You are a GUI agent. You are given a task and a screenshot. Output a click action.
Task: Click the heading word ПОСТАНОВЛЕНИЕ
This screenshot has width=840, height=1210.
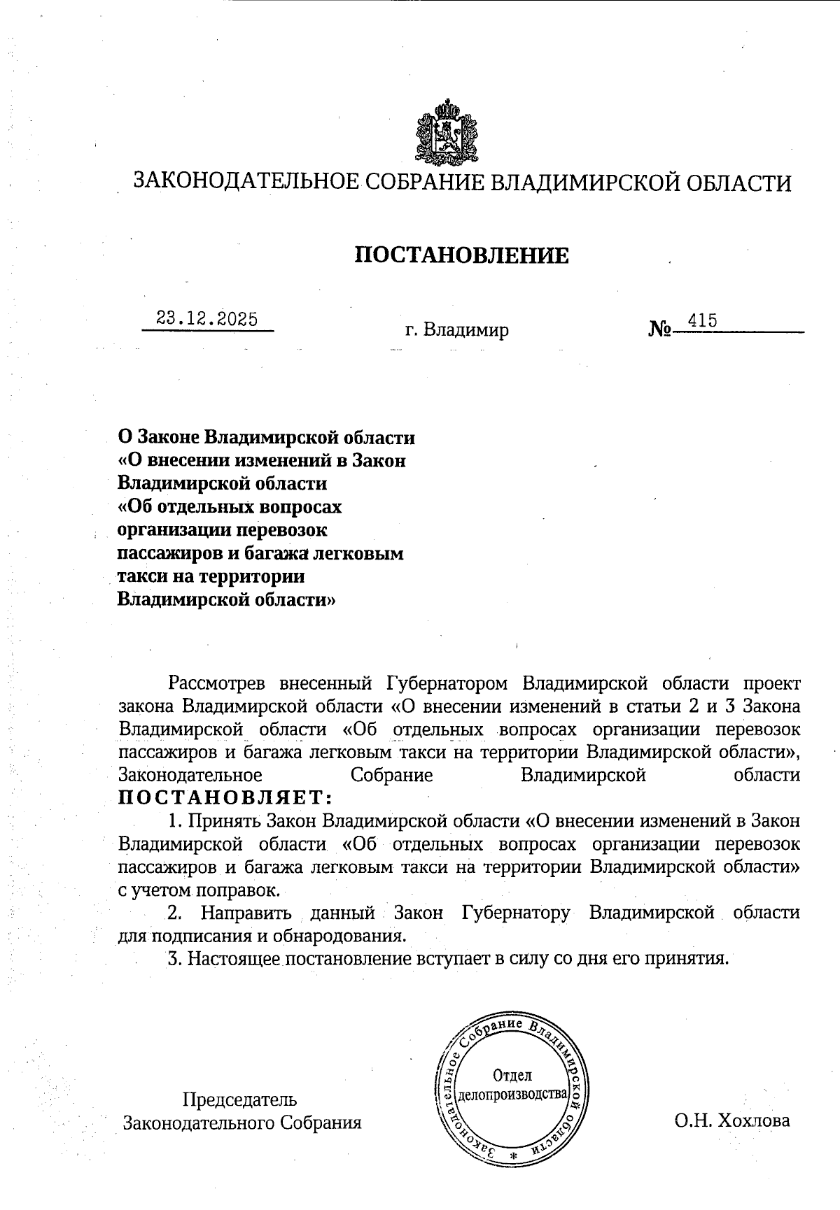tap(461, 255)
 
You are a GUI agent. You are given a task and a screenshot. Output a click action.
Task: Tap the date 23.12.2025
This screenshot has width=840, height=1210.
tap(207, 319)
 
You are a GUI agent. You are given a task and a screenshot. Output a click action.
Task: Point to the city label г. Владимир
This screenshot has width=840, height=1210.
tap(456, 329)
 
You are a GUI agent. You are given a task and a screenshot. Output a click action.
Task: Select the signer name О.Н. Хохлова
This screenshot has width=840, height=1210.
tap(732, 1120)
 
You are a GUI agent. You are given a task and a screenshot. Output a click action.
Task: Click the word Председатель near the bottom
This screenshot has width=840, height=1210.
tap(239, 1099)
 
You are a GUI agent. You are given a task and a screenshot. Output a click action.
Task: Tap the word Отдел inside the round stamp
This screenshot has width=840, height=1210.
tap(512, 1075)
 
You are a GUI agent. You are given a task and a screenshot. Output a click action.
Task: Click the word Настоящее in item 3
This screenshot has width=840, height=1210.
tap(234, 958)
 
